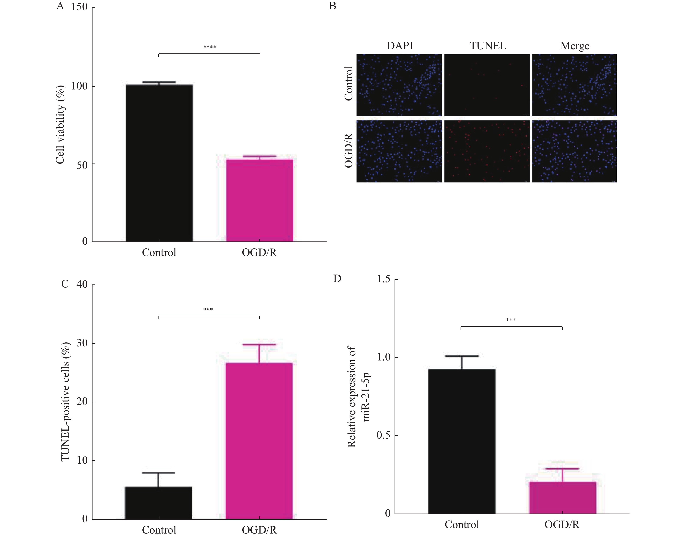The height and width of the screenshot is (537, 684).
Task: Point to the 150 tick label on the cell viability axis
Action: pyautogui.click(x=79, y=7)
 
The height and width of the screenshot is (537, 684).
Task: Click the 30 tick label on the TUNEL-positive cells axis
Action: pyautogui.click(x=82, y=343)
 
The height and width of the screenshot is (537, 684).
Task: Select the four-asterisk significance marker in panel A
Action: pyautogui.click(x=209, y=47)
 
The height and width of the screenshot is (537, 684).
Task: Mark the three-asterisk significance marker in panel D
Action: pyautogui.click(x=511, y=320)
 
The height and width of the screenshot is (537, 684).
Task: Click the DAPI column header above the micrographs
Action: pyautogui.click(x=400, y=46)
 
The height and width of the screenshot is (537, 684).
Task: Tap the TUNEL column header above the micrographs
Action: pyautogui.click(x=488, y=46)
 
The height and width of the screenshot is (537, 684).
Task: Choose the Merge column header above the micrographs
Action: pyautogui.click(x=575, y=46)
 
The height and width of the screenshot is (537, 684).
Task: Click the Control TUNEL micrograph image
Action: pyautogui.click(x=487, y=85)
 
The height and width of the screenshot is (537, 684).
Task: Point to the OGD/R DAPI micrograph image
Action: pyautogui.click(x=399, y=151)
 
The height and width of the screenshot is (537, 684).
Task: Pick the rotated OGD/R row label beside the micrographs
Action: pyautogui.click(x=349, y=150)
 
